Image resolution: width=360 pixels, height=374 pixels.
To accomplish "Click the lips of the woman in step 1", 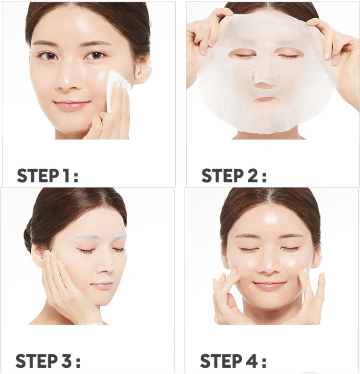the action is pos(72,104).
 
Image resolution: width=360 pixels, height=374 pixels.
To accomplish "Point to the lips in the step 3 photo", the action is pos(102,285).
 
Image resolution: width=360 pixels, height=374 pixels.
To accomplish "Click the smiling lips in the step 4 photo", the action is pos(270,285).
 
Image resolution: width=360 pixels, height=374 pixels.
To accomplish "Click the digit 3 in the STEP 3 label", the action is pos(64,361).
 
